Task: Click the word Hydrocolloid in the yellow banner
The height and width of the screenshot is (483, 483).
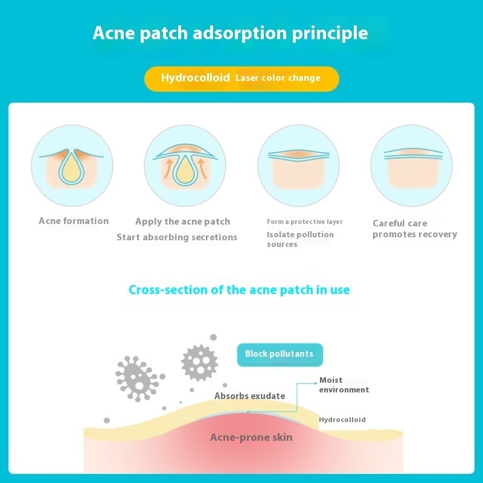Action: tap(195, 78)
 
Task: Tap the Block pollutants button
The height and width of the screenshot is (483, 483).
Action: tap(280, 354)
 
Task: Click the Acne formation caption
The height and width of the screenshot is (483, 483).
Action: tap(74, 221)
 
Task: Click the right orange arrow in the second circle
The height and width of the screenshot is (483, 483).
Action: tap(202, 168)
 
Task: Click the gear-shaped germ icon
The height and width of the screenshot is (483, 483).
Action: tap(200, 363)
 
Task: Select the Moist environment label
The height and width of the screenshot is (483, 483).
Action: tap(344, 385)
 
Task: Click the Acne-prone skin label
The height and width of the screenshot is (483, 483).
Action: tap(251, 437)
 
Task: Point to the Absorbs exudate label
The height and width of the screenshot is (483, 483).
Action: tap(249, 396)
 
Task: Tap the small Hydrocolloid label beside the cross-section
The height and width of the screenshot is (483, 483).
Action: tap(342, 420)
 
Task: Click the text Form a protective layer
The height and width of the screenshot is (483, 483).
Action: tap(305, 222)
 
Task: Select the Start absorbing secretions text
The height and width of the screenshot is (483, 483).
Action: tap(177, 237)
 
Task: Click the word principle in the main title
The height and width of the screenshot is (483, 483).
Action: tap(330, 33)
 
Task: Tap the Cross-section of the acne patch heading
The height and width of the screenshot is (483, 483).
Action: tap(239, 290)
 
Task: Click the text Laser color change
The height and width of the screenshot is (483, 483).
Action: tap(278, 78)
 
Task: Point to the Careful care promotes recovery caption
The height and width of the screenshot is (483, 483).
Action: tap(415, 229)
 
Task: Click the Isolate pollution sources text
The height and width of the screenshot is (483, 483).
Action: tap(300, 239)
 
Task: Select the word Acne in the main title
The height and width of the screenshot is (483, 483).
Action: tap(114, 33)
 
